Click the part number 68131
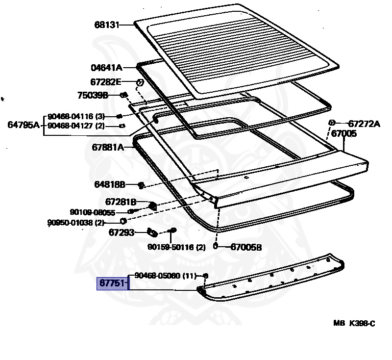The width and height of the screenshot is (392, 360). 107,25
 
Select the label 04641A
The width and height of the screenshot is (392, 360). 106,68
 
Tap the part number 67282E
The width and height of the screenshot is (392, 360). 106,82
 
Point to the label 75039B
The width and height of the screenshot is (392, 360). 93,95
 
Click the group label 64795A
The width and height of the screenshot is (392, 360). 24,125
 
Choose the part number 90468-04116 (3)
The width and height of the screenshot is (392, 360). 76,116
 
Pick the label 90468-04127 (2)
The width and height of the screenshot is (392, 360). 76,126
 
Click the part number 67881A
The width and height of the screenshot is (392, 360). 108,147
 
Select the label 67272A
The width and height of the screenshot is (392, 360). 364,124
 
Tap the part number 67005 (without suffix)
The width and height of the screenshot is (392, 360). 344,133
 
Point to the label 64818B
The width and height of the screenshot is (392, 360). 110,184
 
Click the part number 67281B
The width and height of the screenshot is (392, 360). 121,202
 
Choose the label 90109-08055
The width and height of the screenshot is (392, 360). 93,212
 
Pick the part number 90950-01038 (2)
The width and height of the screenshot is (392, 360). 76,222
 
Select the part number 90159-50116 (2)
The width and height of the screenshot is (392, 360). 176,247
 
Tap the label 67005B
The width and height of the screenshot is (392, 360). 246,247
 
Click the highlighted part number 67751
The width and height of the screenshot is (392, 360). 112,283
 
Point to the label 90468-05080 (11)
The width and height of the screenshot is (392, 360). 166,276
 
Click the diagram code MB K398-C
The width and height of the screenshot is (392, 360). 354,323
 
